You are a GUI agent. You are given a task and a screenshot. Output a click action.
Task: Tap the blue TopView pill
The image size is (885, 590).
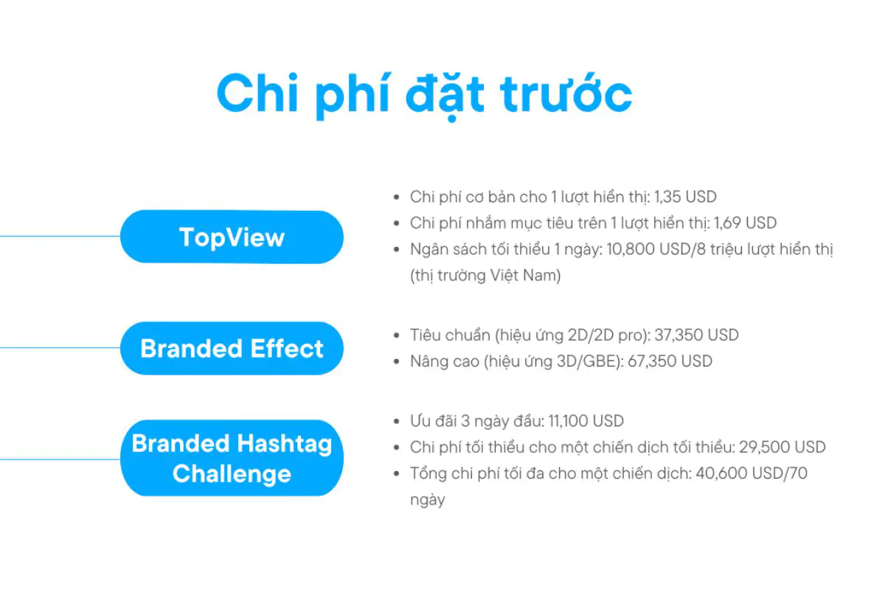[x=232, y=237]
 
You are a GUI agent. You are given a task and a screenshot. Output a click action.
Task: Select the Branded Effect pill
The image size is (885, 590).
[x=232, y=348]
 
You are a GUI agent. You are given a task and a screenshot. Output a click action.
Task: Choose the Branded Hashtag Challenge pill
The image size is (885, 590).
[x=232, y=458]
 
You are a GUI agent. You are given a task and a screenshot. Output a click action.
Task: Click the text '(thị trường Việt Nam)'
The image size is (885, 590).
[x=485, y=276]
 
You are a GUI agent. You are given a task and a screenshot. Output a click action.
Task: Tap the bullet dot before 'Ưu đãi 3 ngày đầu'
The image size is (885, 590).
[x=398, y=422]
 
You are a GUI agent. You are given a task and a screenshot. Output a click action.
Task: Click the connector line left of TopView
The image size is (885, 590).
[x=59, y=237]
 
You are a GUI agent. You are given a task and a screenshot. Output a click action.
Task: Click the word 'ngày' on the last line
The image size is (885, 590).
[x=428, y=500]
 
